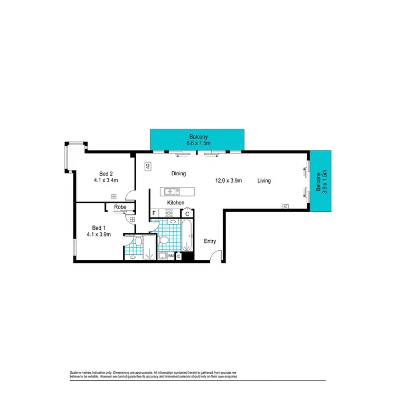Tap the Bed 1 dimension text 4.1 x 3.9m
(99, 234)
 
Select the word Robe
(120, 208)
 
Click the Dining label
(178, 173)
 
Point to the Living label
(264, 181)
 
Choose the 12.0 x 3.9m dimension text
(228, 181)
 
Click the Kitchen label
(176, 203)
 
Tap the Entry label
(210, 241)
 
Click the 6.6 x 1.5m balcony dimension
(197, 143)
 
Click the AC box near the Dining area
(148, 166)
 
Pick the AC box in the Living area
(285, 206)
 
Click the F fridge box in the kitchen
(154, 213)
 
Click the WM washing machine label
(171, 256)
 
